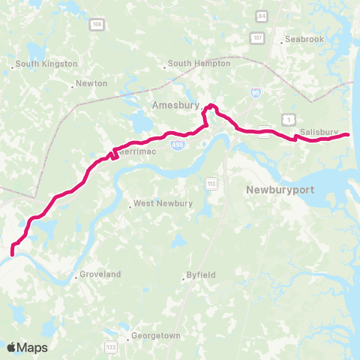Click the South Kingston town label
click(x=46, y=64)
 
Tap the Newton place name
click(x=91, y=83)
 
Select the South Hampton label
click(x=199, y=64)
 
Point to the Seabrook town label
click(x=304, y=40)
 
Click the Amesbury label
click(x=175, y=105)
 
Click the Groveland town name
click(x=100, y=274)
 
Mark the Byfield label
click(x=202, y=275)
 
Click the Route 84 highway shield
click(x=261, y=15)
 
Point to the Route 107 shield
click(x=257, y=37)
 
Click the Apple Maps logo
click(x=27, y=347)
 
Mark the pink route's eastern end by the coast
click(x=348, y=134)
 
